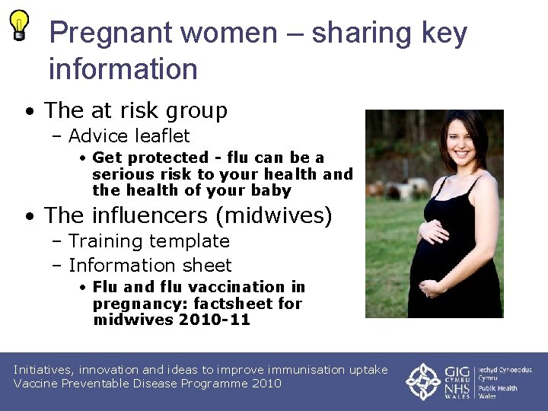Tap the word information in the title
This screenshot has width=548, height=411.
pos(123,69)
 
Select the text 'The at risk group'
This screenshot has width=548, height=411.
pos(135,110)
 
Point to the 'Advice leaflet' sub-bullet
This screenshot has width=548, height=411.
pos(129,136)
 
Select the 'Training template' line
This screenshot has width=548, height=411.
pos(148,241)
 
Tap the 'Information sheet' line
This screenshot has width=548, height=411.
pos(149,266)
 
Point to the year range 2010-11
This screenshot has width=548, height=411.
pos(214,320)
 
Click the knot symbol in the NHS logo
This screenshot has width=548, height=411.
pos(422,381)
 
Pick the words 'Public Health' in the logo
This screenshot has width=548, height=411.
pos(499,388)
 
